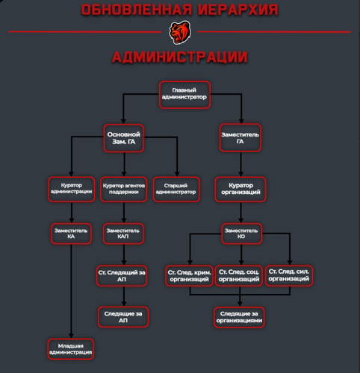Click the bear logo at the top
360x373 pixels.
pyautogui.click(x=180, y=33)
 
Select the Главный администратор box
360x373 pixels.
pyautogui.click(x=184, y=95)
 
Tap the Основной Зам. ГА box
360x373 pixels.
pyautogui.click(x=124, y=138)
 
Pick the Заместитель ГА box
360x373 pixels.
pyautogui.click(x=240, y=138)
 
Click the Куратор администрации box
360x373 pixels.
pyautogui.click(x=72, y=189)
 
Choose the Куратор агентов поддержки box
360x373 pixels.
pyautogui.click(x=124, y=189)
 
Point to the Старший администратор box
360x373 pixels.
pyautogui.click(x=176, y=189)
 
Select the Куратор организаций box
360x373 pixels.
pyautogui.click(x=240, y=189)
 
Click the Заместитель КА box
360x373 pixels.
pyautogui.click(x=71, y=233)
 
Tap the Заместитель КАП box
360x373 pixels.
pyautogui.click(x=123, y=233)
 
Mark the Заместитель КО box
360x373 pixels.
pyautogui.click(x=241, y=233)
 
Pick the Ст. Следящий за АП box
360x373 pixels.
pyautogui.click(x=122, y=276)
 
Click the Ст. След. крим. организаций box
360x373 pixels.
pyautogui.click(x=189, y=276)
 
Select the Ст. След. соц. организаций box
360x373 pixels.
pyautogui.click(x=239, y=276)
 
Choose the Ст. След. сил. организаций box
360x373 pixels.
pyautogui.click(x=289, y=275)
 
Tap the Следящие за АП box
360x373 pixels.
pyautogui.click(x=123, y=317)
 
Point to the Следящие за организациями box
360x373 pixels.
pyautogui.click(x=239, y=318)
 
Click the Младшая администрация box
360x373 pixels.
pyautogui.click(x=71, y=349)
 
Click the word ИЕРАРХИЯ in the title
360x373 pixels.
pyautogui.click(x=238, y=10)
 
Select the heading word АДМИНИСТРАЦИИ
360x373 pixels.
pyautogui.click(x=180, y=57)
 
